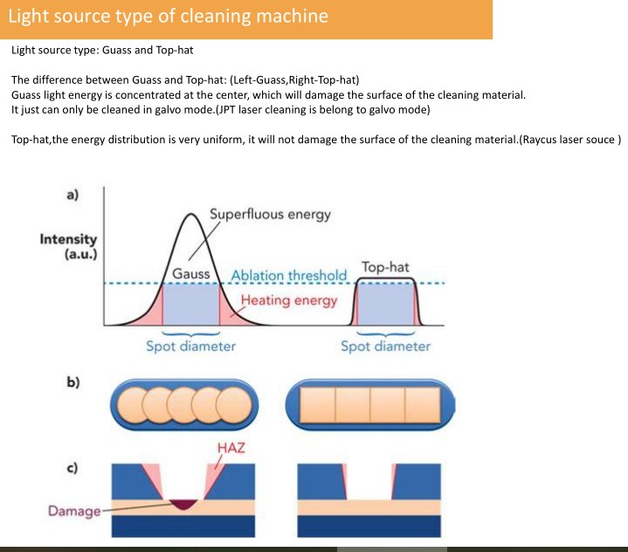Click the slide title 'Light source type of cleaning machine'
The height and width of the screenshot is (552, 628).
coord(169,17)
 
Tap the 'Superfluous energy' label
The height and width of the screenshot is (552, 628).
coord(271,214)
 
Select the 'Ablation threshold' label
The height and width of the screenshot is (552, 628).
coord(289,275)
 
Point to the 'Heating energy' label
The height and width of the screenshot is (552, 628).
coord(289,300)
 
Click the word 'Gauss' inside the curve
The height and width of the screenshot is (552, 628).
coord(191,274)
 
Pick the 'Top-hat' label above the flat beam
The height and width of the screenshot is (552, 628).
coord(385,266)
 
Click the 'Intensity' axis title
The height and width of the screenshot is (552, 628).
coord(68,239)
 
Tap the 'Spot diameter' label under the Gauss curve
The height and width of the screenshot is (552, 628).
coord(190,346)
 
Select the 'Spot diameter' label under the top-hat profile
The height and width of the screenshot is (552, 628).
coord(385,346)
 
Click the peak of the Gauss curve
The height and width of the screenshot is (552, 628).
coord(191,214)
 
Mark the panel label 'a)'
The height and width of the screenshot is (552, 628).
coord(72,195)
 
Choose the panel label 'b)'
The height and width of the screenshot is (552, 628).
coord(72,382)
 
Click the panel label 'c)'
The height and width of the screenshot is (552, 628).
coord(72,468)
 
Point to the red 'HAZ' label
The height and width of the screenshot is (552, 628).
coord(231,448)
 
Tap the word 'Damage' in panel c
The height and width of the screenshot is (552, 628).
coord(74,511)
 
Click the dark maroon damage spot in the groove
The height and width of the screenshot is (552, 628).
coord(183,504)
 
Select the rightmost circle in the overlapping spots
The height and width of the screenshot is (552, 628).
coord(234,405)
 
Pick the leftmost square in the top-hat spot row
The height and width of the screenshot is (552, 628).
coord(318,404)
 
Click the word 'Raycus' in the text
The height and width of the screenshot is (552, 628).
coord(539,140)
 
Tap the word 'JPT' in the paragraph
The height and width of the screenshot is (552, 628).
coord(227,110)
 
